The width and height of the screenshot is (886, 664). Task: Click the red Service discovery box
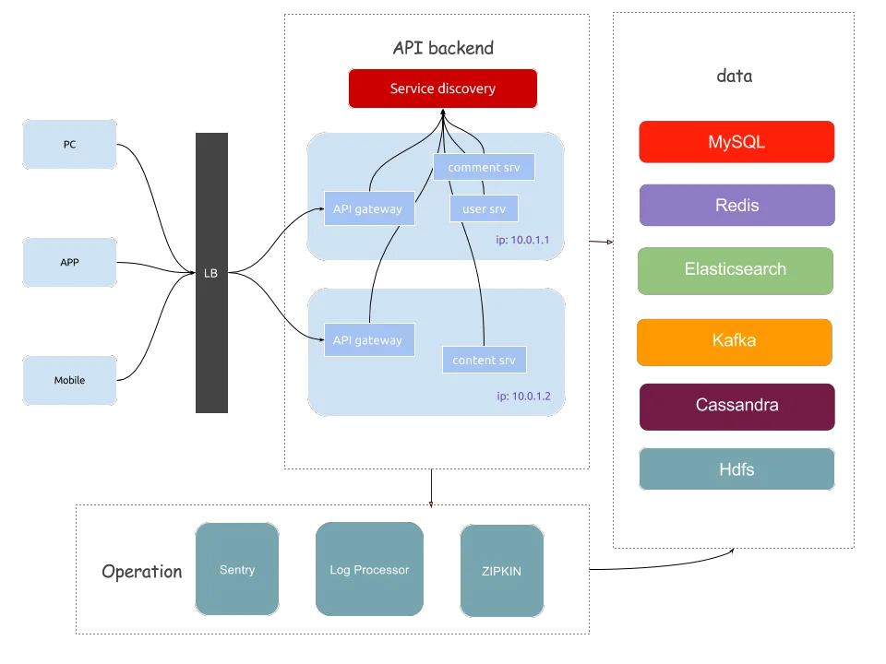(442, 89)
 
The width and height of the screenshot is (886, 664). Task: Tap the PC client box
(69, 144)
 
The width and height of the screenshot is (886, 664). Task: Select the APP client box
(69, 262)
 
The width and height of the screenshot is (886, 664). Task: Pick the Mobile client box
(69, 380)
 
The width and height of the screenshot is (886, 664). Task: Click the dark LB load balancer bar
(211, 273)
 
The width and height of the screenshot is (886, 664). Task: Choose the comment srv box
(484, 167)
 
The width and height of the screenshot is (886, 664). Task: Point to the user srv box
(484, 209)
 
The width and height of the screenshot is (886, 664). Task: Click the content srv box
(485, 360)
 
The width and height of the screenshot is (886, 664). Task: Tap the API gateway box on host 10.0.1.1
(369, 208)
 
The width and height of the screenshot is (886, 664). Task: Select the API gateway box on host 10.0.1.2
(369, 340)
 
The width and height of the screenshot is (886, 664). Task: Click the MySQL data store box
(736, 142)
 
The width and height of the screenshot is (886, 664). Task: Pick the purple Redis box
(736, 205)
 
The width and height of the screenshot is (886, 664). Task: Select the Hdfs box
(736, 468)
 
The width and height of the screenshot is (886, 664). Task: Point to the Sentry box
(237, 569)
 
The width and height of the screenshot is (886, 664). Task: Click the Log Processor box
(369, 569)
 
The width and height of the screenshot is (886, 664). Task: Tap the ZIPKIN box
(502, 571)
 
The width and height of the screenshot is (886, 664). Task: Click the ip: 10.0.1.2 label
(523, 397)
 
